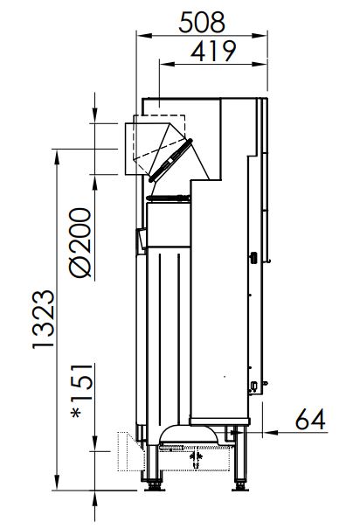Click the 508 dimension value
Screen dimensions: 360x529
coord(202,22)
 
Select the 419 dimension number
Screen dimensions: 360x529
coord(213,52)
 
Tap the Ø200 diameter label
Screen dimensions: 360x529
coord(80,242)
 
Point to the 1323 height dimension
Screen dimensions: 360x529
coord(44,319)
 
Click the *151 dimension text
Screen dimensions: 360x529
coord(82,391)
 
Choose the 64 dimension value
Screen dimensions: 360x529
coord(310,420)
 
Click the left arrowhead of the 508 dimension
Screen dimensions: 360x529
coord(144,36)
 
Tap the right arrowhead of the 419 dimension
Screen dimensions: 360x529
coord(260,64)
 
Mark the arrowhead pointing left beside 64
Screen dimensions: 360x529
coord(270,432)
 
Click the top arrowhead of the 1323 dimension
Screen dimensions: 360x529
coord(57,157)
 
